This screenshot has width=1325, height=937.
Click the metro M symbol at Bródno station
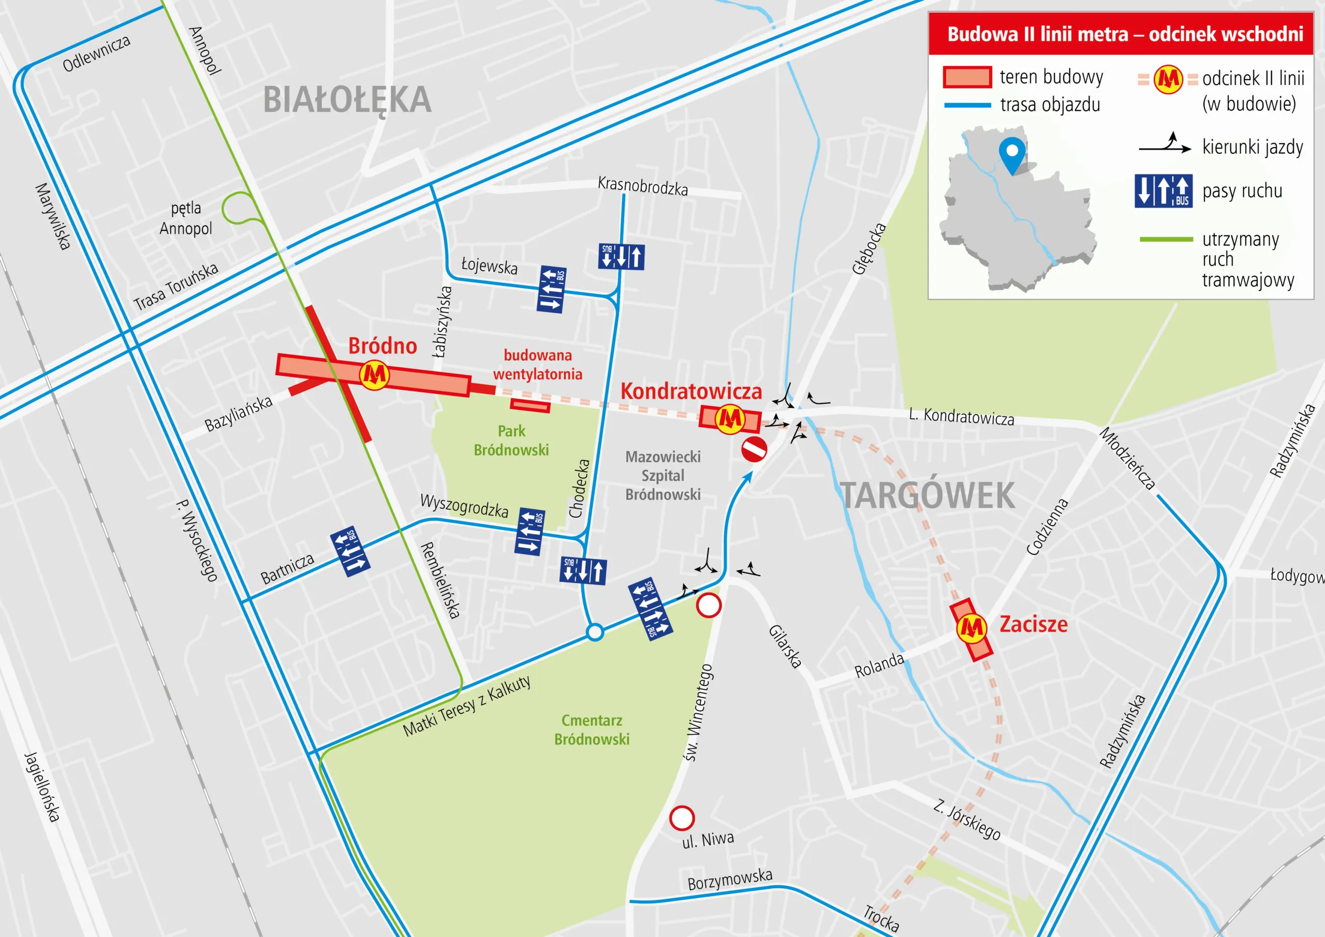coord(374,375)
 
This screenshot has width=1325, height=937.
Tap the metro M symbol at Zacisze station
coord(970,627)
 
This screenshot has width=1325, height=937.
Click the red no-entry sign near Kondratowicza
coord(754,449)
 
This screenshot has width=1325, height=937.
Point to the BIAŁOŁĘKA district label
coord(347,100)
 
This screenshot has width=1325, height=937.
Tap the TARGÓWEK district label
coord(927,495)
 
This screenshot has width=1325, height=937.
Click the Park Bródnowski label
coord(511,441)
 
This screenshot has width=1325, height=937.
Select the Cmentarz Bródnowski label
coord(592,730)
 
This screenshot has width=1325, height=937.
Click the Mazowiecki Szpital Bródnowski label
coord(663,476)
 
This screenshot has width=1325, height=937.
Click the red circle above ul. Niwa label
coord(682,818)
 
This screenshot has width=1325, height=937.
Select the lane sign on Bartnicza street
coord(350,551)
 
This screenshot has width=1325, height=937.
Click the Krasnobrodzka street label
coord(642,186)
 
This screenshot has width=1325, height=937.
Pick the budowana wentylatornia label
coord(537,364)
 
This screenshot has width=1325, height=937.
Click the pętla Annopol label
coord(186,218)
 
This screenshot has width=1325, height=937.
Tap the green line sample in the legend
coord(1166,239)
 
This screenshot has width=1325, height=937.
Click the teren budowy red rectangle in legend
coord(967,77)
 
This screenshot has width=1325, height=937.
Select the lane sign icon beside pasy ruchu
coord(1164,191)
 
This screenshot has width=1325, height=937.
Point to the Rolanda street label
coord(878,666)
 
